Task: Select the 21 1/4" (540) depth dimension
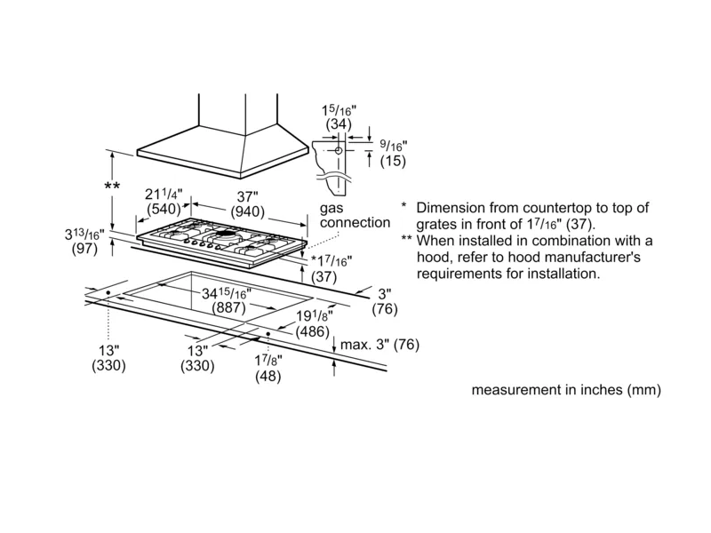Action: [164, 203]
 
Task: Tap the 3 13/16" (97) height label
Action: [84, 243]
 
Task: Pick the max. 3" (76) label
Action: [379, 345]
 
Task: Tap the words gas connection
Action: [355, 214]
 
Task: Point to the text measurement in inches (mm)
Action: [566, 390]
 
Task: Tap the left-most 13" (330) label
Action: [108, 357]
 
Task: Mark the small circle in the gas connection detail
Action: [338, 152]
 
